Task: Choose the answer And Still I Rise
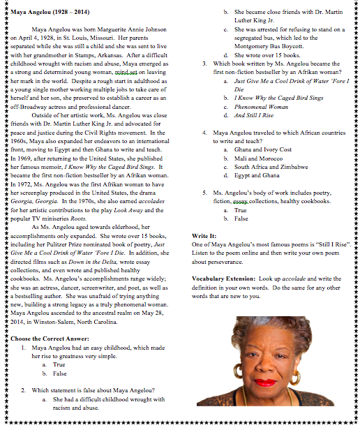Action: [255, 115]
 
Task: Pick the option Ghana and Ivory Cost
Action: [263, 149]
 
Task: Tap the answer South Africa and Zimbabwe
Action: [271, 168]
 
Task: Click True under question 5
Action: [241, 209]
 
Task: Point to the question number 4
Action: [203, 133]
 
